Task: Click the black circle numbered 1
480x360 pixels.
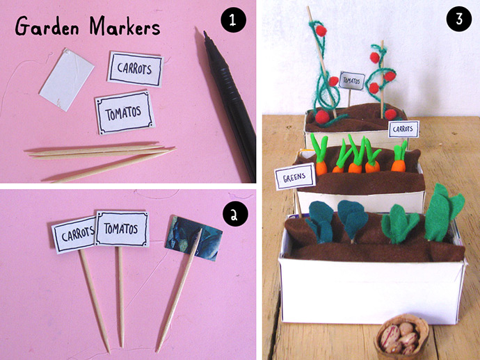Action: click(x=233, y=20)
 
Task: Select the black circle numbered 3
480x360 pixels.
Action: click(x=459, y=19)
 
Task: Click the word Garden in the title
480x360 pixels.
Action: click(x=47, y=26)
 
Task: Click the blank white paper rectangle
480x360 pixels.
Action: click(x=67, y=79)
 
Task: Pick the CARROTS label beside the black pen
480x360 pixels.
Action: click(x=136, y=69)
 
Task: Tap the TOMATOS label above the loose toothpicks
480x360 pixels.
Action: click(x=125, y=113)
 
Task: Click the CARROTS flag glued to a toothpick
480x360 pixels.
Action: click(x=74, y=235)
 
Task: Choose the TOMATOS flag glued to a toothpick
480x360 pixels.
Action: click(x=122, y=229)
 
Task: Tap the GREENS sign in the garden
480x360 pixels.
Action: click(x=295, y=177)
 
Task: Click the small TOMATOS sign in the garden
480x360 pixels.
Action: click(x=352, y=81)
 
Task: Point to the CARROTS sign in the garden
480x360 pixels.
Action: click(x=403, y=129)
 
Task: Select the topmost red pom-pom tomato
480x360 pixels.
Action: click(x=321, y=31)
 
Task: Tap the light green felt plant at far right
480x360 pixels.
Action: click(x=444, y=213)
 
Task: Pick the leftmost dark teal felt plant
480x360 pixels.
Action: click(x=320, y=221)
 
